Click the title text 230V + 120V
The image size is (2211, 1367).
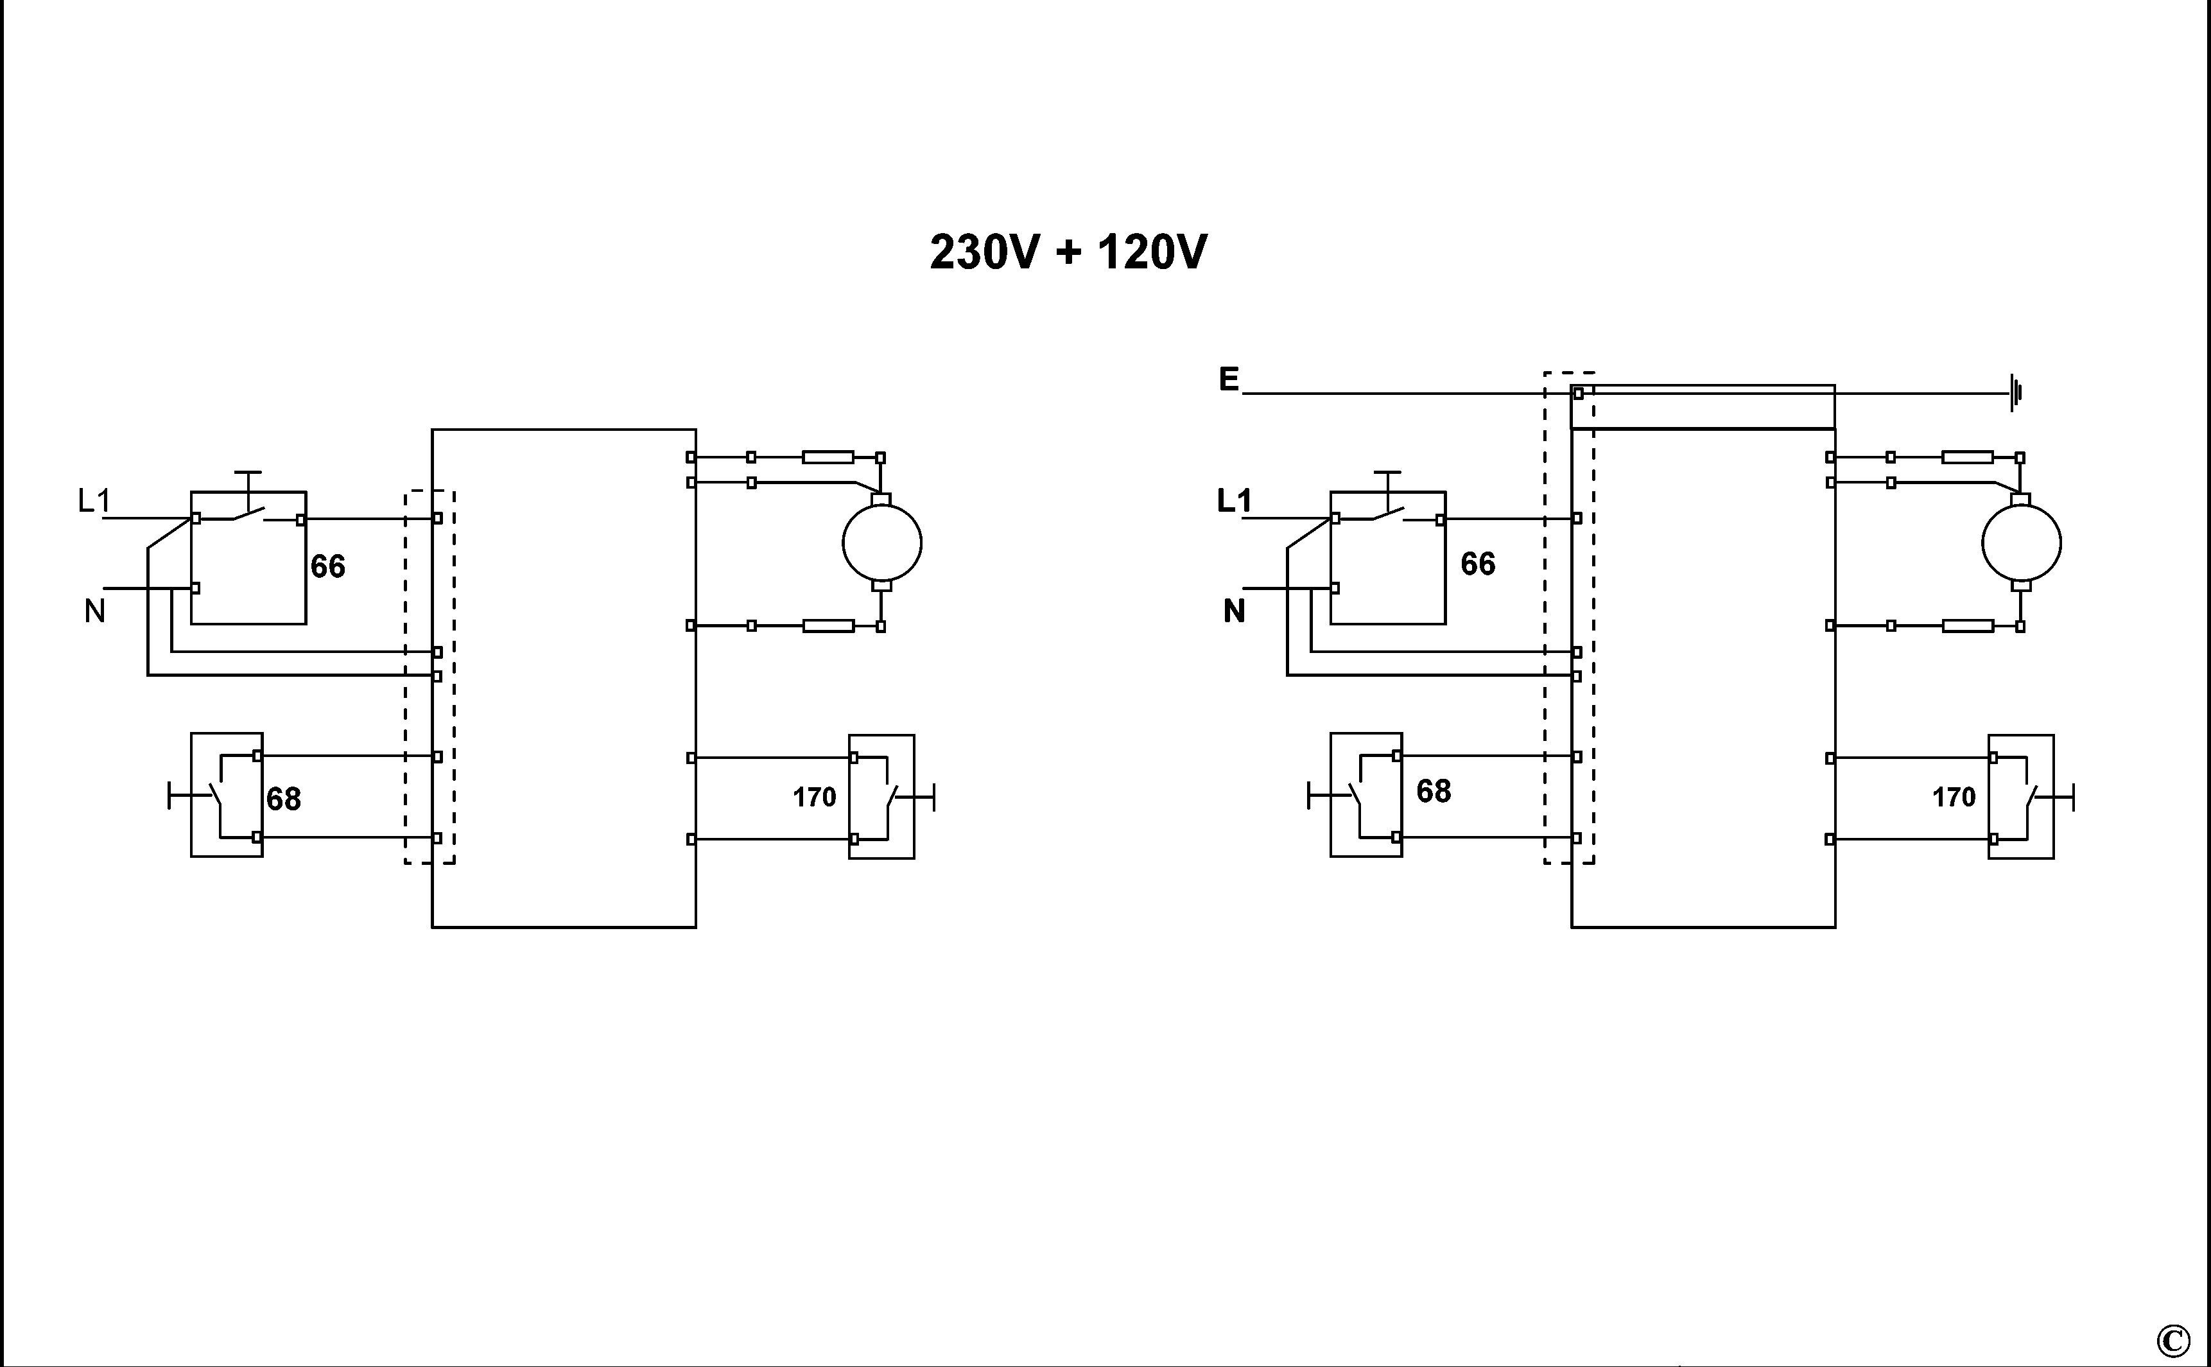(x=1068, y=252)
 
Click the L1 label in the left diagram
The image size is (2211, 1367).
(x=94, y=500)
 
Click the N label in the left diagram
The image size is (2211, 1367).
(x=95, y=612)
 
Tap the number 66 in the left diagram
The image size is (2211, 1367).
(x=327, y=567)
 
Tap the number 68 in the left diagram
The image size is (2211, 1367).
(x=283, y=799)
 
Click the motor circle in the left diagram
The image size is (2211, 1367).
(x=881, y=543)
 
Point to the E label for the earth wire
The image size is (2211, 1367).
(x=1228, y=379)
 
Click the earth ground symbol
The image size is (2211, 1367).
(x=2015, y=394)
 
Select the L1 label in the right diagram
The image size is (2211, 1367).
(x=1234, y=500)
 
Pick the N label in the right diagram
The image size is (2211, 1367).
(x=1234, y=612)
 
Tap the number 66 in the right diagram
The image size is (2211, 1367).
(x=1478, y=564)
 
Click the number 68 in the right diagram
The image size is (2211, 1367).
(x=1434, y=791)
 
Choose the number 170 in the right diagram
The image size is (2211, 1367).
(x=1954, y=797)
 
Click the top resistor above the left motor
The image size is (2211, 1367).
(x=828, y=457)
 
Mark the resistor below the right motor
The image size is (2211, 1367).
(x=1968, y=625)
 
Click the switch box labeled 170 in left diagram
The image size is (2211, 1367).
(x=881, y=797)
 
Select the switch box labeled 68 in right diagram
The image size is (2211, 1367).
(x=1366, y=795)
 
